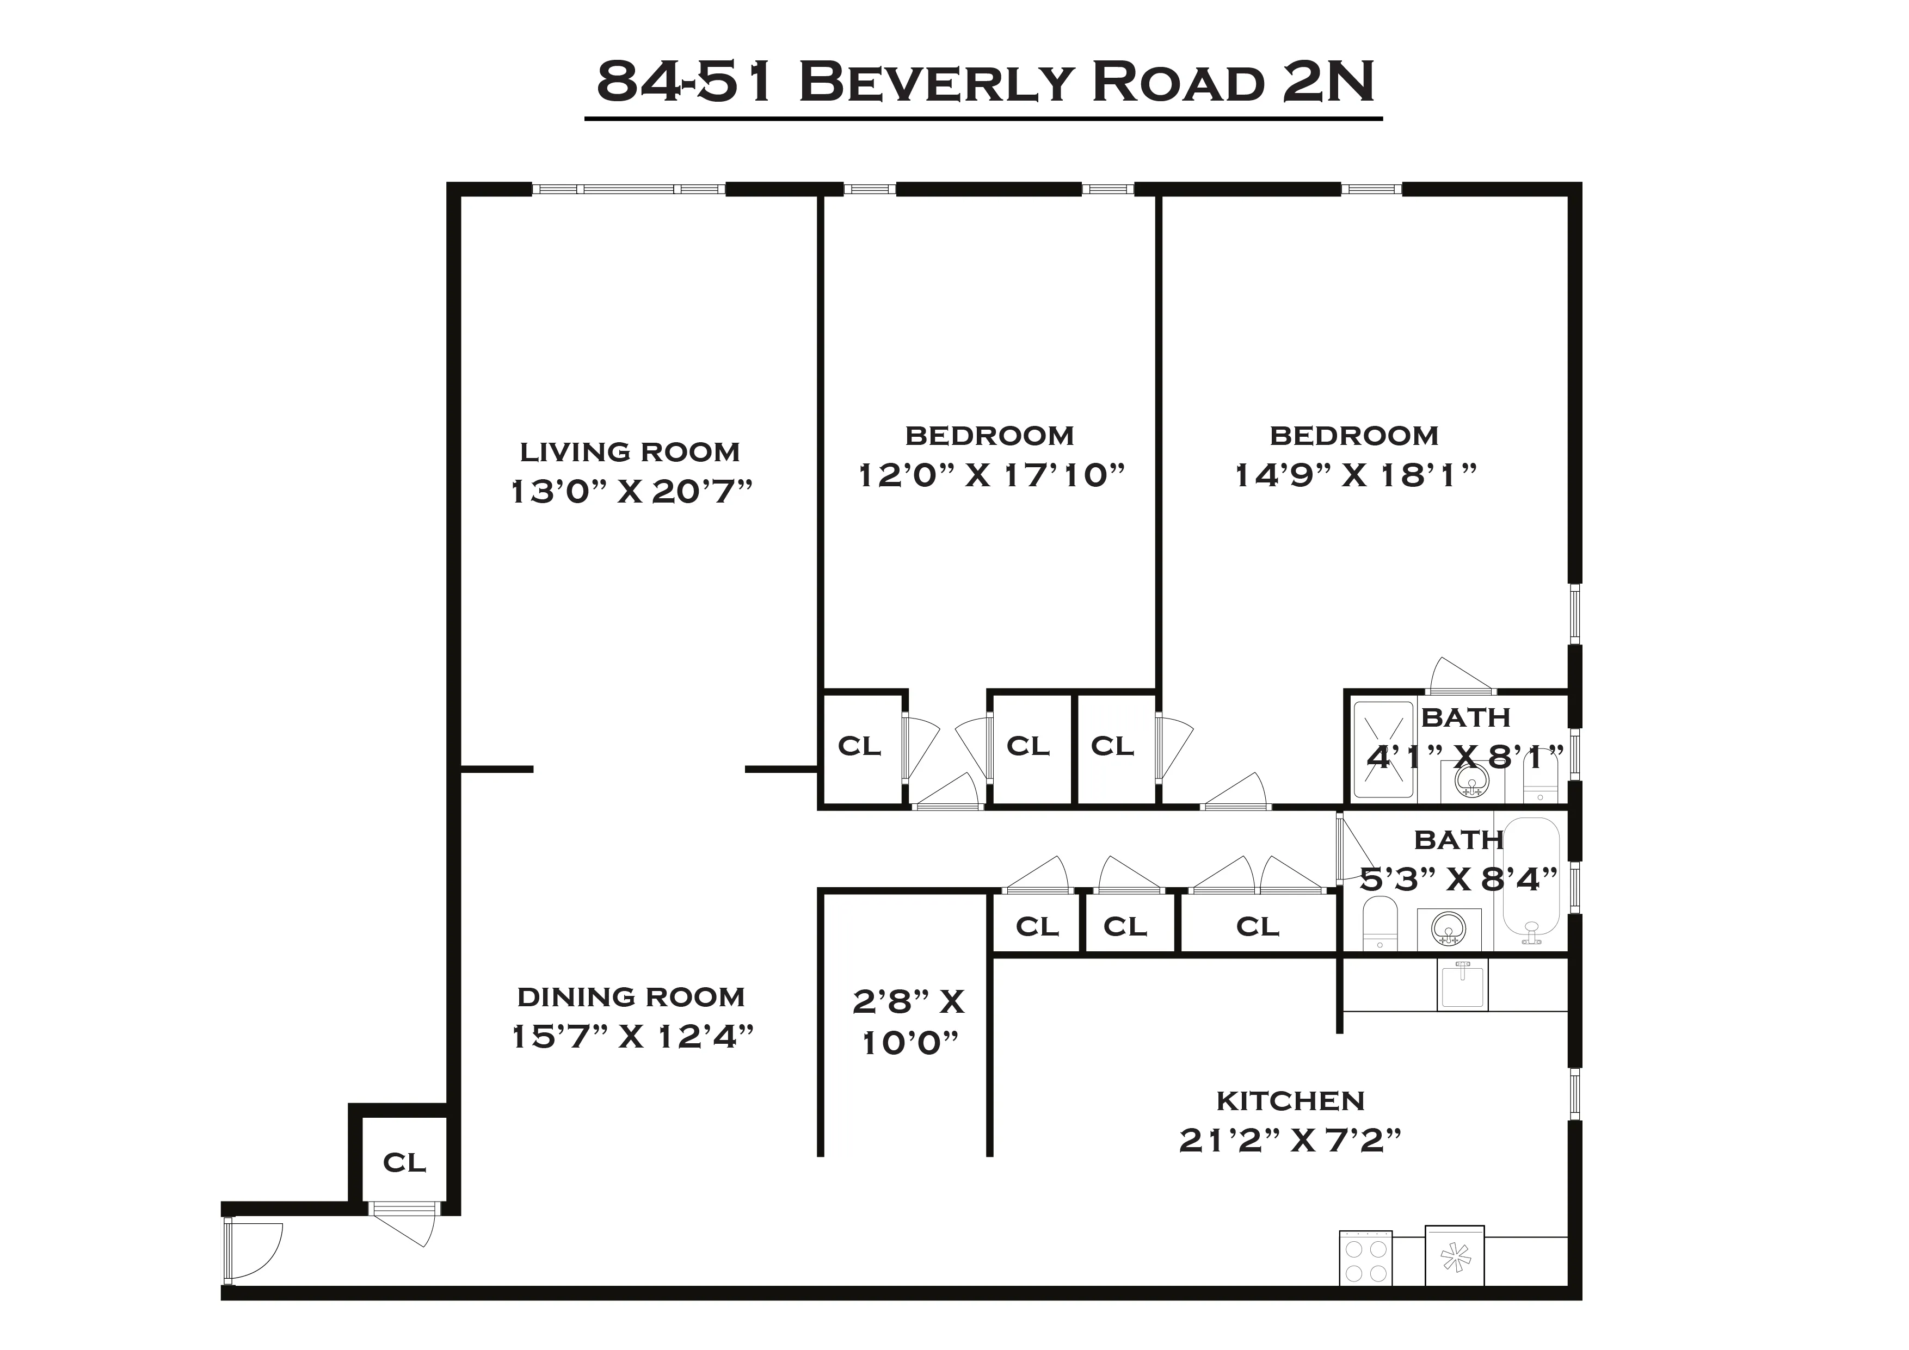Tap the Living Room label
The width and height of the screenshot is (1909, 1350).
630,452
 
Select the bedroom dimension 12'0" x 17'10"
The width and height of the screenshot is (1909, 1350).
990,475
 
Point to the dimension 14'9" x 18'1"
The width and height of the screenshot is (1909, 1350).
1355,475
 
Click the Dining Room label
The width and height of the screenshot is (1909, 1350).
631,996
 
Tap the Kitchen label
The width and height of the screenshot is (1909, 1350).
1290,1101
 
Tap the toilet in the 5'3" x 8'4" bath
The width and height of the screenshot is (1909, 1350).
1380,922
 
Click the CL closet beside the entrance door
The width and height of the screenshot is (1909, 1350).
404,1162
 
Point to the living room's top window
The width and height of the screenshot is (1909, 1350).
629,189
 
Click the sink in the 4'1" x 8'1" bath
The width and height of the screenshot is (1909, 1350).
1471,782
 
